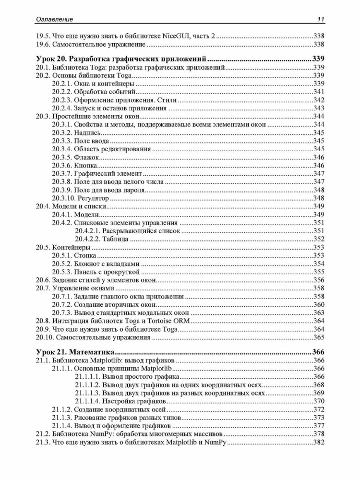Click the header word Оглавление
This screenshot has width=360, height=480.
tap(55, 19)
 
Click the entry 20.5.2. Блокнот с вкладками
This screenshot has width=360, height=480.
tap(96, 264)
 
